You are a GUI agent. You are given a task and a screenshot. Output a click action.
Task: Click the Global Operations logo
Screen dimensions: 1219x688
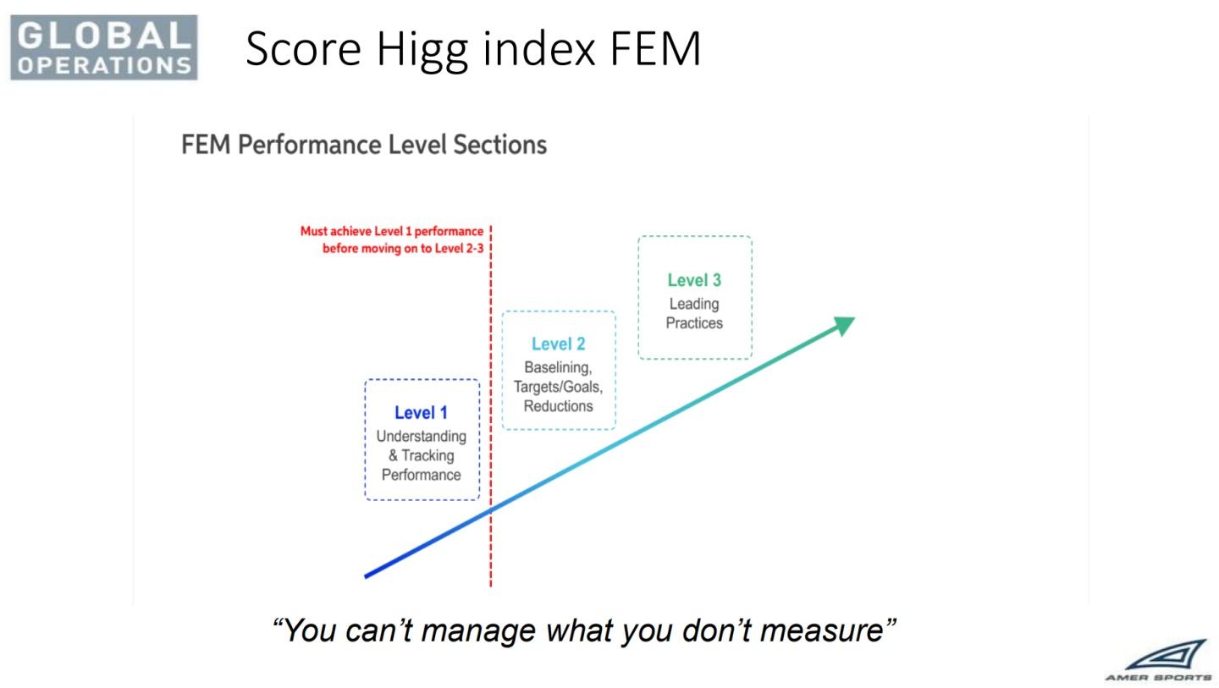(x=104, y=47)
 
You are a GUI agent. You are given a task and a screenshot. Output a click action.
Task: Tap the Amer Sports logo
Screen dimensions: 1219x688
(x=1159, y=661)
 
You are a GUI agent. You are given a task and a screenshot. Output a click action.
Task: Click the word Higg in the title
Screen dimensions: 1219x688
(x=422, y=49)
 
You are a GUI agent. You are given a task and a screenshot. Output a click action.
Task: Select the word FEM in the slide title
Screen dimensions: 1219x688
(x=655, y=49)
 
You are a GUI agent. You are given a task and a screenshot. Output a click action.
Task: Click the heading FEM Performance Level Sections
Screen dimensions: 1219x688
(x=363, y=145)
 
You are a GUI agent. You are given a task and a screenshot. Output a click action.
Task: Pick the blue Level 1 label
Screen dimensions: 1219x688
(x=422, y=413)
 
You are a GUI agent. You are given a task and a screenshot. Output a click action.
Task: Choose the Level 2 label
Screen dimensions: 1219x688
(x=559, y=344)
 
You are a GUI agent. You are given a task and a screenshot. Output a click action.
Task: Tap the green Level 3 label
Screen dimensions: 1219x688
(x=694, y=280)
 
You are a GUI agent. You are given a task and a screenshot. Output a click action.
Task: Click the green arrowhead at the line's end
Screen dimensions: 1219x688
(x=844, y=325)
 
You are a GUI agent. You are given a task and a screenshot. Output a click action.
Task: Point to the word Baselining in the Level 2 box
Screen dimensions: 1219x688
(x=558, y=367)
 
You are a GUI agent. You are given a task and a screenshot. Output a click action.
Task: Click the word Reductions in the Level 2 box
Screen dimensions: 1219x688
(x=559, y=406)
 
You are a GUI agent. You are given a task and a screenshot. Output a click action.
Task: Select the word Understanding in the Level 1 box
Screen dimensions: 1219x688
(x=422, y=437)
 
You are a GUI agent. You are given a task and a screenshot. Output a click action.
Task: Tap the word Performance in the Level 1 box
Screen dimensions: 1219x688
(x=422, y=475)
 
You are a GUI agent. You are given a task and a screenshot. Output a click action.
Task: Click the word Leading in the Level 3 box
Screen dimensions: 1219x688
(x=694, y=305)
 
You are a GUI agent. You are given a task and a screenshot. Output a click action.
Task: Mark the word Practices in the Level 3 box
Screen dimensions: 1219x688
(x=694, y=323)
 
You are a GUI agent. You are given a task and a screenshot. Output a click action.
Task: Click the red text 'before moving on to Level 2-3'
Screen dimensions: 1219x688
(x=403, y=249)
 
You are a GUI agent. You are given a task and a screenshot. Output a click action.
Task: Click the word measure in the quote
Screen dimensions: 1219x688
(x=821, y=632)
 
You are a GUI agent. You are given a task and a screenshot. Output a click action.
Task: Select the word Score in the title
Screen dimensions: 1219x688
(x=303, y=49)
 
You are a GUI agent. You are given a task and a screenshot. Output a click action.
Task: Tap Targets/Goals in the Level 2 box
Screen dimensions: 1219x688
(x=559, y=388)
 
